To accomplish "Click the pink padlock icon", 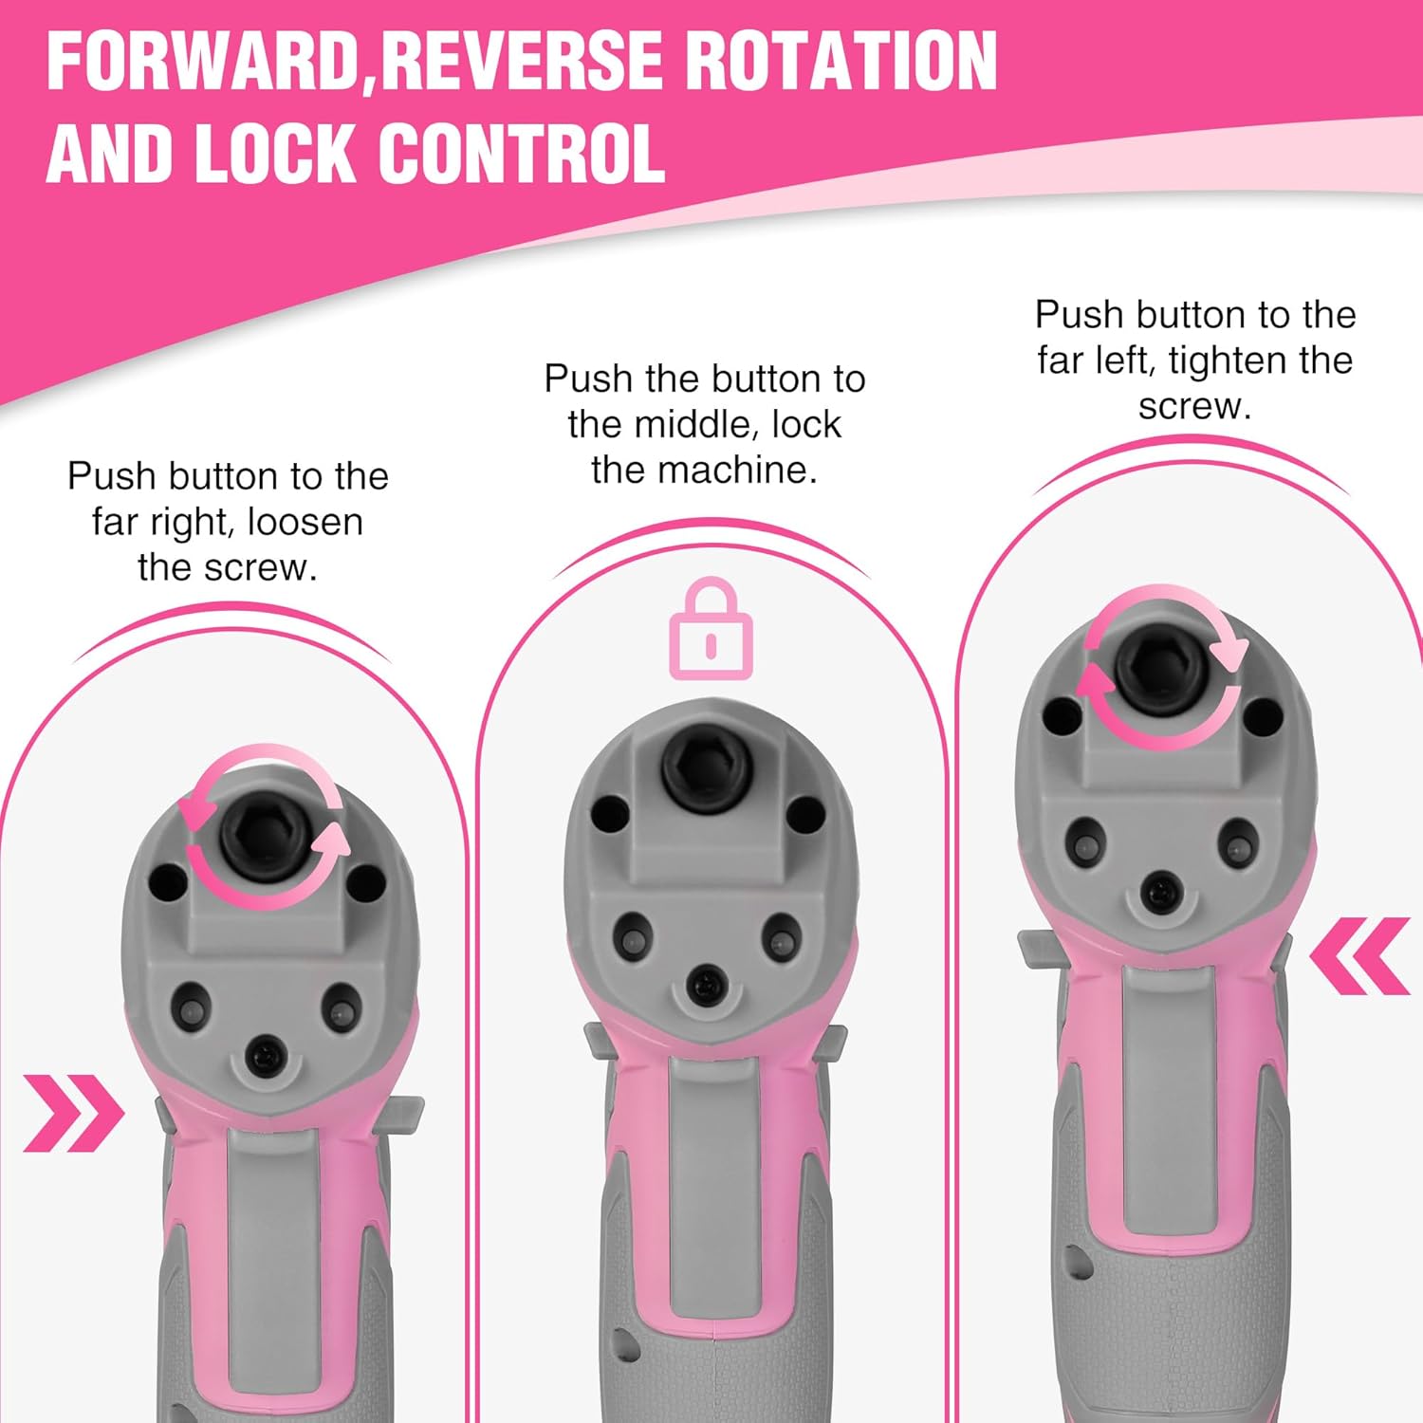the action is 711,628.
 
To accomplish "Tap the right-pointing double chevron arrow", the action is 73,1113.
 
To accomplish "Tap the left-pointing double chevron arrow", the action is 1359,955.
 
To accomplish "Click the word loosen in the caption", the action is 305,522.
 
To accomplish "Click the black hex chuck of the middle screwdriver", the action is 703,767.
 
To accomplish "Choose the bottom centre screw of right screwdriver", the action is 1158,889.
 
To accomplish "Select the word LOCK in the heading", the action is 273,153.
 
